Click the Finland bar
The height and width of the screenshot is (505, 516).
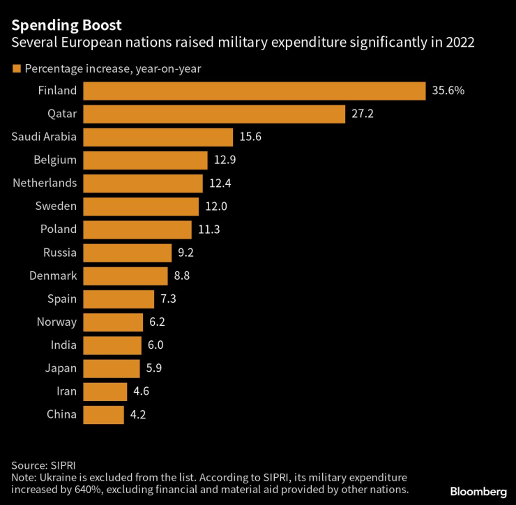click(x=255, y=91)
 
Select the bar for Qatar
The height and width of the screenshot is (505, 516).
click(x=214, y=114)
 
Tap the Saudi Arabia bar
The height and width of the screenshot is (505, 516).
click(x=158, y=137)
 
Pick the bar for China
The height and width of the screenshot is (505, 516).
click(x=103, y=414)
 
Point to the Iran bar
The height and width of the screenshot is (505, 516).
click(x=105, y=391)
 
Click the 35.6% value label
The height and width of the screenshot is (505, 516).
click(x=448, y=91)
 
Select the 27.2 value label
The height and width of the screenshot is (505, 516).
click(x=362, y=114)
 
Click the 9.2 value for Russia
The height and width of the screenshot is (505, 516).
click(x=186, y=252)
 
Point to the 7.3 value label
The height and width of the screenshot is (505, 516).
click(x=169, y=299)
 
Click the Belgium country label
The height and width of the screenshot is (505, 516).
click(x=55, y=160)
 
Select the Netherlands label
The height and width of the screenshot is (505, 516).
click(x=45, y=183)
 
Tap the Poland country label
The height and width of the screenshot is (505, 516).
click(x=59, y=229)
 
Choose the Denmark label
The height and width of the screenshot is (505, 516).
click(x=53, y=276)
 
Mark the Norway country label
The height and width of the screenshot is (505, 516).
click(x=56, y=322)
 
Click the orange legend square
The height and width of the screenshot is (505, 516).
click(x=16, y=68)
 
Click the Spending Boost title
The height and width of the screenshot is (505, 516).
click(x=67, y=26)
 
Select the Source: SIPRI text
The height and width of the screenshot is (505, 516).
click(x=43, y=465)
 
